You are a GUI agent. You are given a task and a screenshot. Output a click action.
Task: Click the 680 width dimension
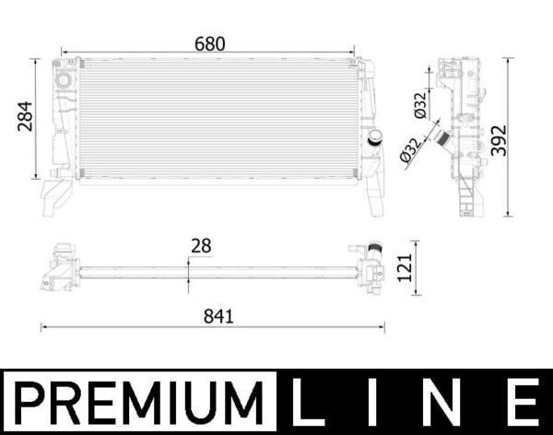[x=210, y=43]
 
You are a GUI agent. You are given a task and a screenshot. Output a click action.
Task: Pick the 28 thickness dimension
[x=201, y=245]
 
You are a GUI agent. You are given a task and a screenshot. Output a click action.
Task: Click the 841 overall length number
[x=219, y=315]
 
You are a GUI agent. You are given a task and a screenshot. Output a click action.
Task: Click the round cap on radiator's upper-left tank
[x=64, y=80]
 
